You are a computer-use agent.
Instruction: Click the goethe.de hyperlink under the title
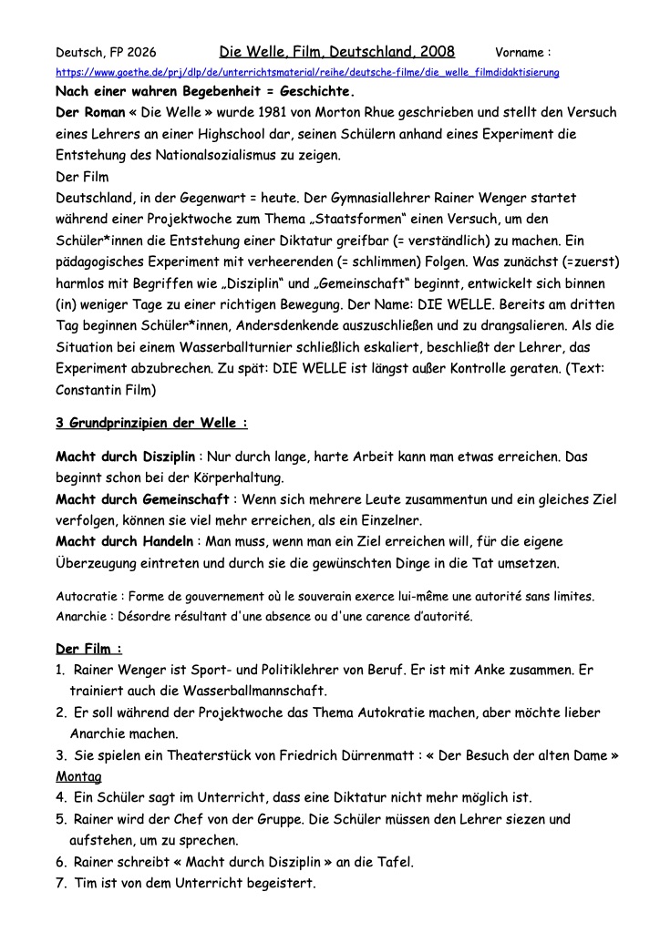[307, 71]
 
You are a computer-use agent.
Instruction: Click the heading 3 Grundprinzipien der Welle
[151, 425]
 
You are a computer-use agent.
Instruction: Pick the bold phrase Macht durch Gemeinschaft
[143, 499]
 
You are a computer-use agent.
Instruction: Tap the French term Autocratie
[88, 597]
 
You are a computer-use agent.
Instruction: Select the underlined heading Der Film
[88, 649]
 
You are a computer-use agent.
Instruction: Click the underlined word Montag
[78, 776]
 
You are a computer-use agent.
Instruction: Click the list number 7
[61, 883]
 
